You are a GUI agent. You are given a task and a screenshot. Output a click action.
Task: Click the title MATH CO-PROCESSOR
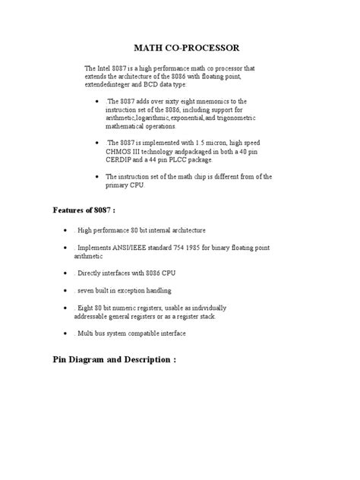tap(179, 47)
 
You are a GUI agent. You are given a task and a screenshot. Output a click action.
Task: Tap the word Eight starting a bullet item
tap(87, 308)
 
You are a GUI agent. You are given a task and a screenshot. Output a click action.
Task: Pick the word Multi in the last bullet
tap(87, 333)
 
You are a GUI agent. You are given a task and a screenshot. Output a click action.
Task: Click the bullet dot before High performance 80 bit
tap(68, 230)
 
